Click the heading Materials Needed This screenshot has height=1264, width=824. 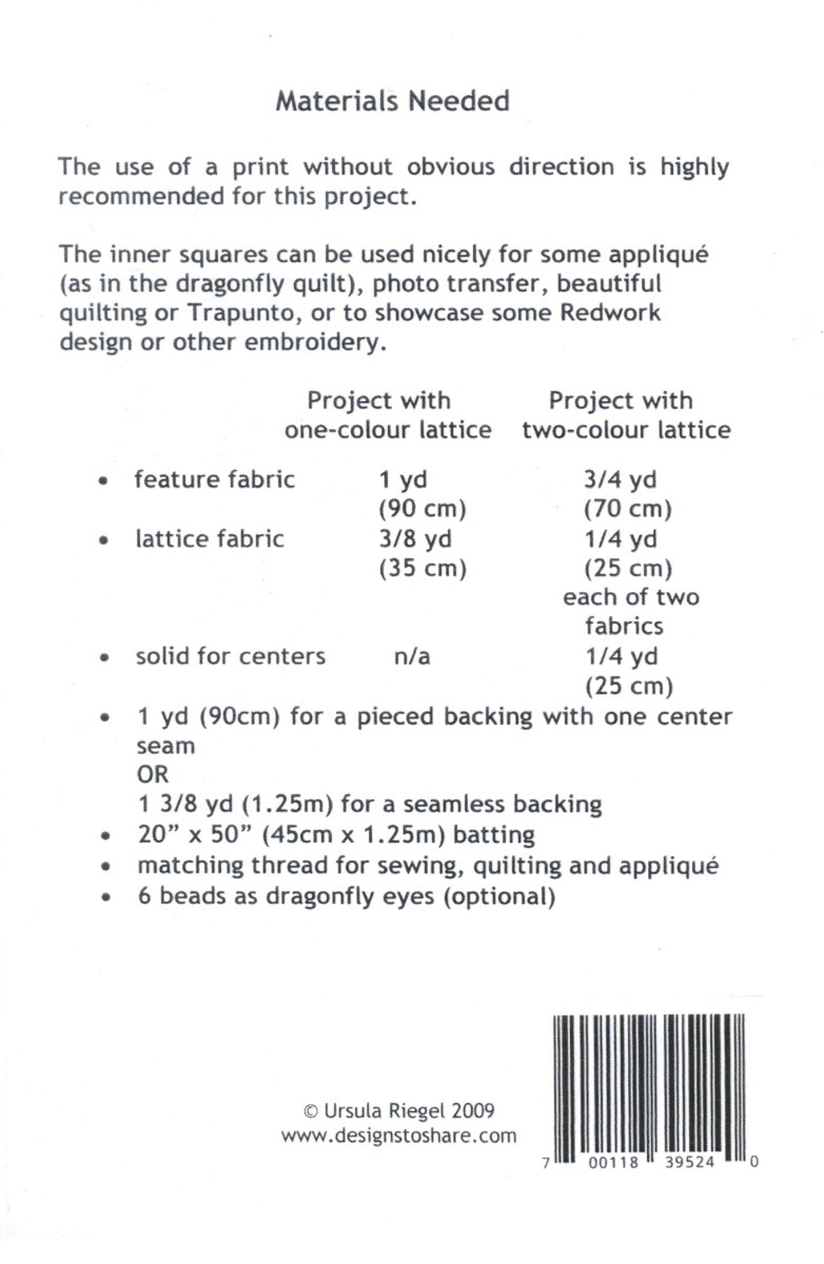393,101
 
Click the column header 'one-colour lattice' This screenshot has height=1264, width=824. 388,429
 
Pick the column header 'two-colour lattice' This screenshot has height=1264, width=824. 626,429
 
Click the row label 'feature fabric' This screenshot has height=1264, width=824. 214,479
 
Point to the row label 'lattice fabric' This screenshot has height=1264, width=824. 209,539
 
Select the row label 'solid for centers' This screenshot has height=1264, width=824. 230,656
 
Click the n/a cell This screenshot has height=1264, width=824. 412,656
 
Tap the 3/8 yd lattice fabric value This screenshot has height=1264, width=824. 415,539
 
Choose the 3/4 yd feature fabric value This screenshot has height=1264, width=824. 620,479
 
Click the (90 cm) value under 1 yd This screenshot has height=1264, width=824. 423,509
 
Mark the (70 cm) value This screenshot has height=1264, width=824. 628,509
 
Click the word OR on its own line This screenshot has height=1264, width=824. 153,775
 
